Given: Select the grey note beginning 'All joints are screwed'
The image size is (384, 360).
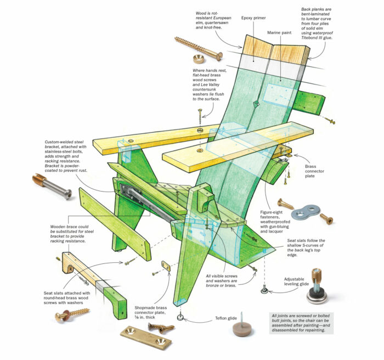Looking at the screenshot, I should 304,323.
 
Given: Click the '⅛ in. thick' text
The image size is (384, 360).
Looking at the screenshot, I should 147,319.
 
